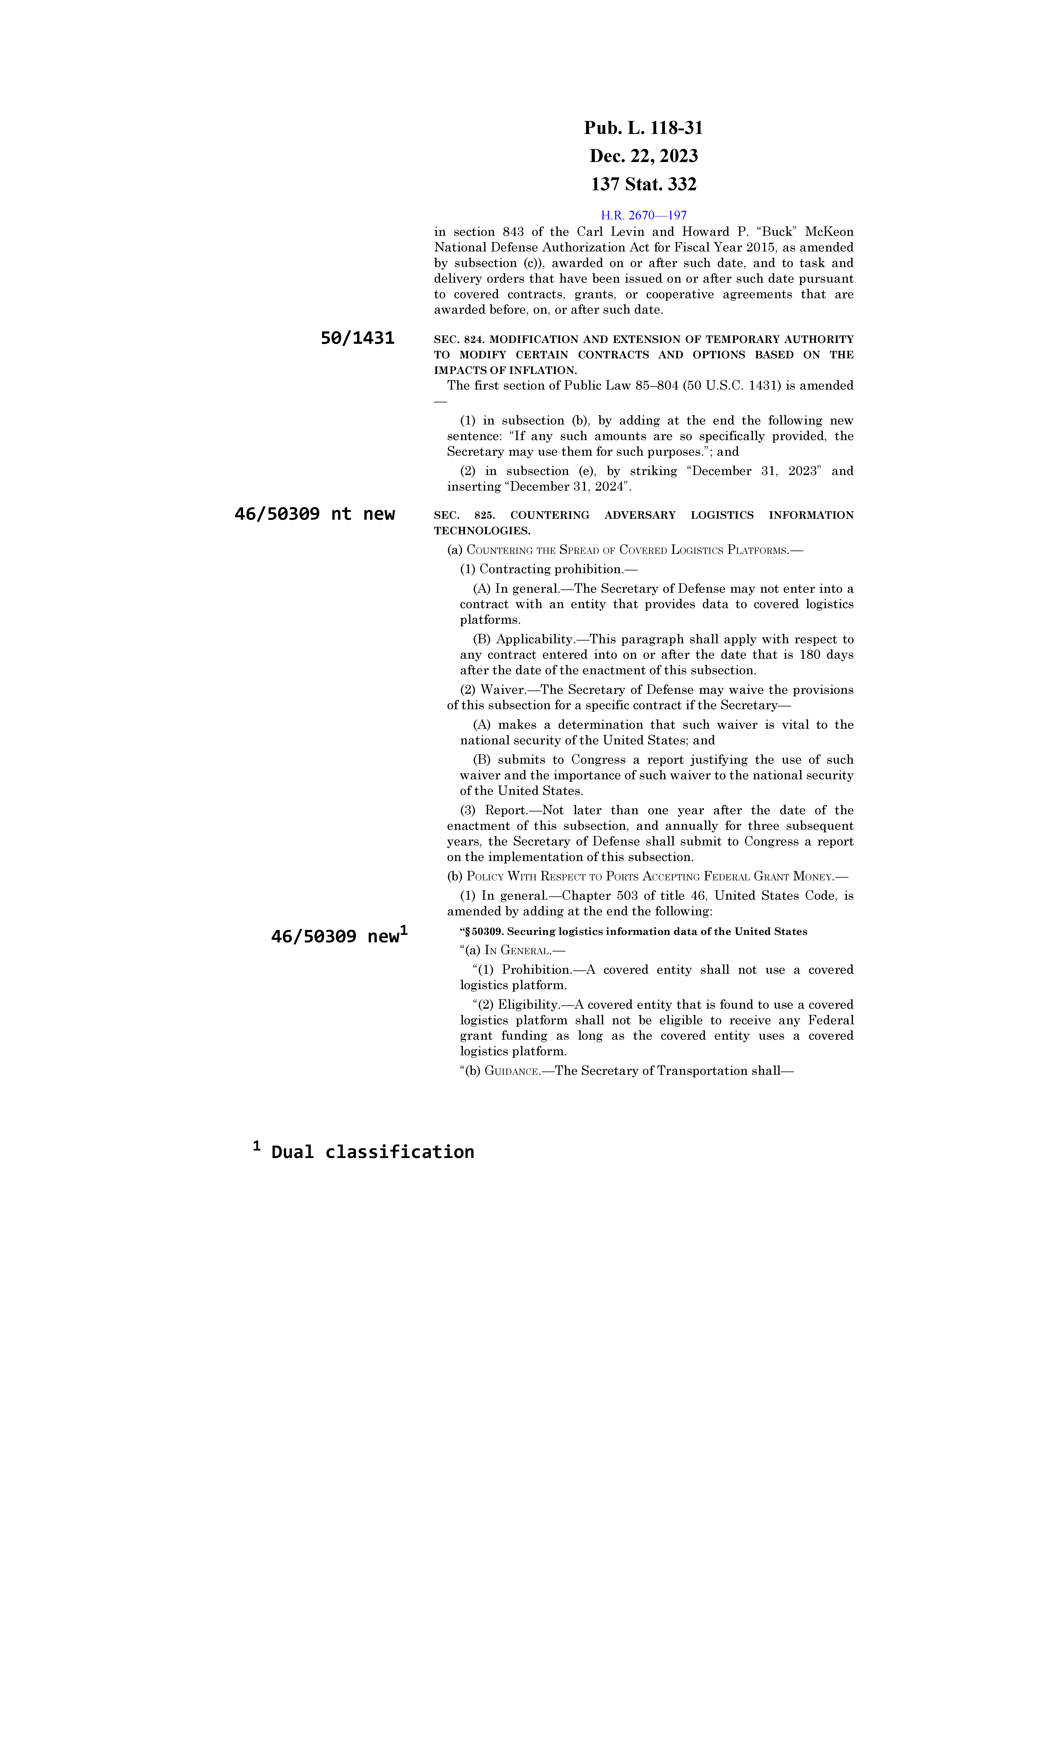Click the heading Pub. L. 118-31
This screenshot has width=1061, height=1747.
coord(643,128)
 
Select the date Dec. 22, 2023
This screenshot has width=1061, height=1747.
coord(643,156)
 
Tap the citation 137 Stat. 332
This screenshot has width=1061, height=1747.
coord(643,184)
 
